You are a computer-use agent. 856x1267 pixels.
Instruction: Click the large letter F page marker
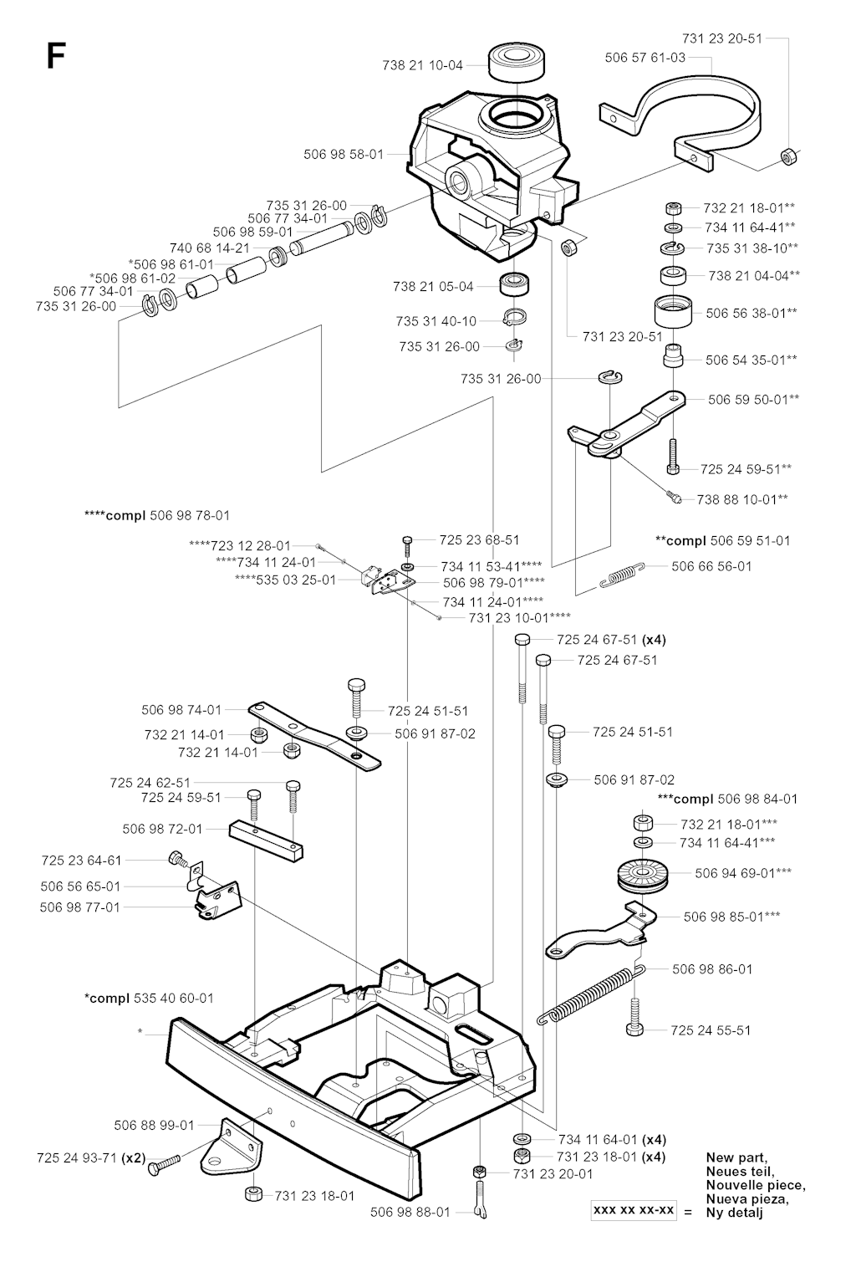point(55,56)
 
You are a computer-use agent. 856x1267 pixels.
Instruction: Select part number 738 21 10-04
point(422,65)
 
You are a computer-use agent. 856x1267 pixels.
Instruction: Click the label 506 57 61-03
point(645,58)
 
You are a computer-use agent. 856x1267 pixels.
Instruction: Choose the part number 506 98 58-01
point(343,154)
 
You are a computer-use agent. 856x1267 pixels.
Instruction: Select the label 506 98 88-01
point(410,1212)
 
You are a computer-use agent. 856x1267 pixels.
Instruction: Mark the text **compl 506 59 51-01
point(722,540)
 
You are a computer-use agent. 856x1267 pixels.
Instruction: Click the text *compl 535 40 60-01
point(149,998)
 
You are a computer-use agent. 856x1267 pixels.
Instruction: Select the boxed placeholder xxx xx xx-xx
point(634,1210)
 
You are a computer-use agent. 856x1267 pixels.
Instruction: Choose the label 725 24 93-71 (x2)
point(91,1158)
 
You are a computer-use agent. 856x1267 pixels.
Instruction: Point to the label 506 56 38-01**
point(751,313)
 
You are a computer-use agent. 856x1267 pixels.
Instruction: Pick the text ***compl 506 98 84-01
point(727,799)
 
